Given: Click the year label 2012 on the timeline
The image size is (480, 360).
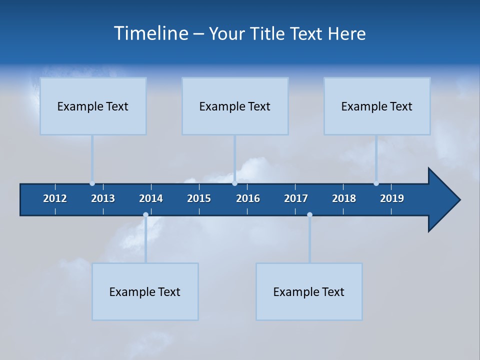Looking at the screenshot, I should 55,198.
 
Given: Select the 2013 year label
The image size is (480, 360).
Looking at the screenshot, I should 103,198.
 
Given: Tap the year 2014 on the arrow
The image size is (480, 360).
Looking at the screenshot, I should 151,198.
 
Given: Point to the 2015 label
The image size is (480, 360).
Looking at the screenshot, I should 199,198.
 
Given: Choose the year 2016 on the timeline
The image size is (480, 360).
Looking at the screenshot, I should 248,198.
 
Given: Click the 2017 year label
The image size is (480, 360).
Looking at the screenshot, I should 296,198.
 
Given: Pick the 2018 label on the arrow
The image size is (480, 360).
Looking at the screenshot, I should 344,198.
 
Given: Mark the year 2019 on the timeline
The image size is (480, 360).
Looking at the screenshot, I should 392,198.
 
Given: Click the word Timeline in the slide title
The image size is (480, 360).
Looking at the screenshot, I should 150,33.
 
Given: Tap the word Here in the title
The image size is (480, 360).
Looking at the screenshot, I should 346,33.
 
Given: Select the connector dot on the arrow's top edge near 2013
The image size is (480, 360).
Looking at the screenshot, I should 92,183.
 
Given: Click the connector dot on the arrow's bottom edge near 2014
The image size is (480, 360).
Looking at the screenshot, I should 145,215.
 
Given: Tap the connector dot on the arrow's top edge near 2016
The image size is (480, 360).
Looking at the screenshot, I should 234,183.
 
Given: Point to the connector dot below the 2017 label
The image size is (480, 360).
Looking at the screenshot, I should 309,215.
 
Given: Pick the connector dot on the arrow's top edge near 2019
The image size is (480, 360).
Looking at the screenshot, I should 376,183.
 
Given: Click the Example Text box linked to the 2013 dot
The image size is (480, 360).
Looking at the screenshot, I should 93,106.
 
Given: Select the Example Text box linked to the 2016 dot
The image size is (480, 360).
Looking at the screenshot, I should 235,106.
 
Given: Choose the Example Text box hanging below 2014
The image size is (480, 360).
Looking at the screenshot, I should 145,291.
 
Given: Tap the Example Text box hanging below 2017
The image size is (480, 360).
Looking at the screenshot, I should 309,291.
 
